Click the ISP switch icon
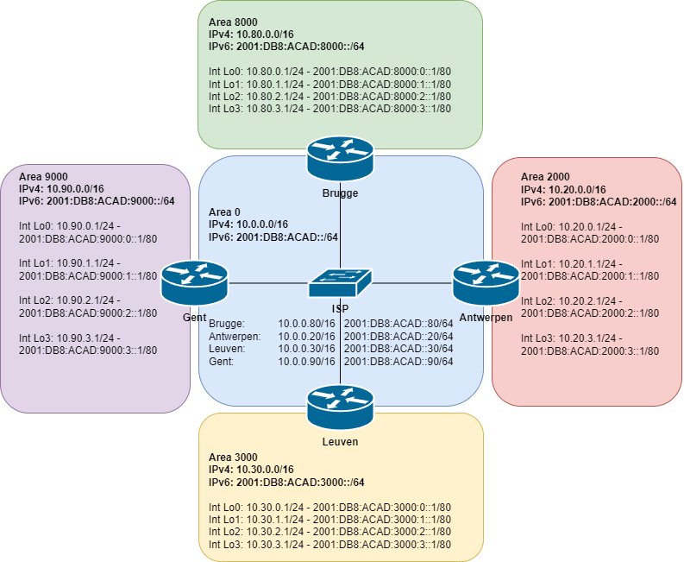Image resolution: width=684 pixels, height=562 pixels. [340, 281]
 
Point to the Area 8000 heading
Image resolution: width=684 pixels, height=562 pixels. [232, 20]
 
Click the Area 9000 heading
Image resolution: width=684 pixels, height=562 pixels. [42, 176]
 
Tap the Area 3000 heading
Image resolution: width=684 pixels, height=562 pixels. [232, 456]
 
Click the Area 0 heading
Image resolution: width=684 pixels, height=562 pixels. [227, 212]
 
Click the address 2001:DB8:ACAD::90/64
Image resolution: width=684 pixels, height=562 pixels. [398, 361]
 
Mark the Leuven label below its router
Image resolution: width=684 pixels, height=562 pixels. [340, 441]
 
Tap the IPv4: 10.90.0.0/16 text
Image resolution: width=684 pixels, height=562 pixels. [61, 188]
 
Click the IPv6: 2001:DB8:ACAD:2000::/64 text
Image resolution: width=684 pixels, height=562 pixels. [598, 202]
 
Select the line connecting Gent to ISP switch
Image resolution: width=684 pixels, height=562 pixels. [267, 282]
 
